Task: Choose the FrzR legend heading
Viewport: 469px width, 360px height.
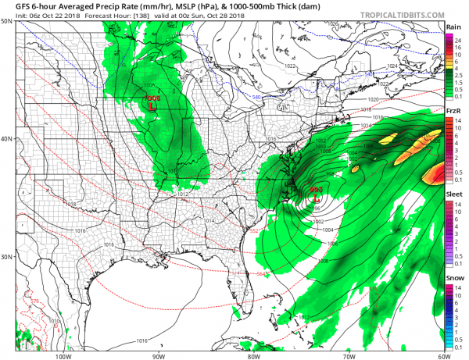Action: click(x=452, y=112)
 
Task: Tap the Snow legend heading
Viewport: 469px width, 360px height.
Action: click(x=453, y=278)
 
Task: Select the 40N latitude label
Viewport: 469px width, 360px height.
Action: click(x=6, y=139)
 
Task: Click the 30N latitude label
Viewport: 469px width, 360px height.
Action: click(x=6, y=257)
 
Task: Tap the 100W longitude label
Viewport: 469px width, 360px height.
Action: click(x=65, y=355)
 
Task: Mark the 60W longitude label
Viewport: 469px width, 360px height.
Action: click(x=443, y=355)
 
